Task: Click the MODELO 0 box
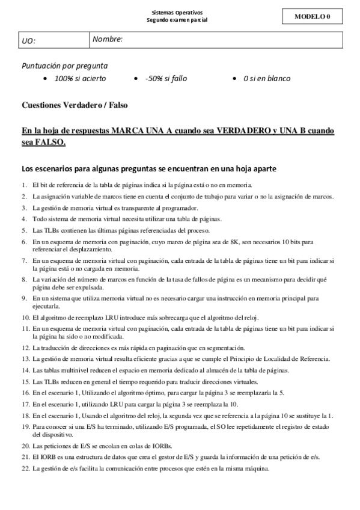point(313,16)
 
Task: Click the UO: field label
point(28,41)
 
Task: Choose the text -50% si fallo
point(166,79)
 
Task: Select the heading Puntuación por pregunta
point(65,66)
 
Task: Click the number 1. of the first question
point(24,185)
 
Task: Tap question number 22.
point(25,469)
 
